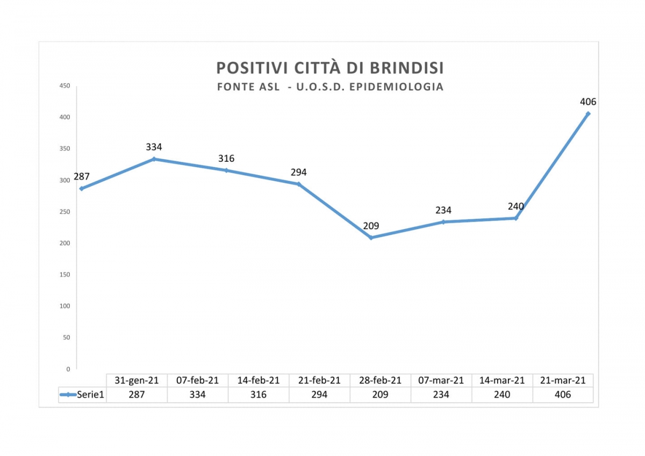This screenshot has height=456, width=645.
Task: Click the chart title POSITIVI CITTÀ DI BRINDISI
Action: point(330,68)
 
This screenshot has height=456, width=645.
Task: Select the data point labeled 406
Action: point(588,113)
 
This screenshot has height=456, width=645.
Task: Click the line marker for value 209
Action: point(371,237)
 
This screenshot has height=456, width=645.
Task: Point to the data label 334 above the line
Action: point(154,147)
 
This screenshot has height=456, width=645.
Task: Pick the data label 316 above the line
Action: point(226,159)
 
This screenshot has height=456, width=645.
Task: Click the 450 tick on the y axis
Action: point(64,85)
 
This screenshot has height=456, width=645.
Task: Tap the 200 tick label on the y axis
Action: point(64,243)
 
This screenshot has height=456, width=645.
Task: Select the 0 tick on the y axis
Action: point(68,369)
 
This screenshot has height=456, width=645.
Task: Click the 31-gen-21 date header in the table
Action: point(137,380)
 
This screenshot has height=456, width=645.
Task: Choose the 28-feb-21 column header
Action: point(380,380)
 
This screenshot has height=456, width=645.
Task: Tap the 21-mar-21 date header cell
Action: point(563,380)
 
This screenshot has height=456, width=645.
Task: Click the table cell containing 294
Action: point(319,395)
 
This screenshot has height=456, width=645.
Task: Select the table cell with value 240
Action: point(502,395)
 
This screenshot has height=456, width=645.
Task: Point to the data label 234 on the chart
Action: point(443,210)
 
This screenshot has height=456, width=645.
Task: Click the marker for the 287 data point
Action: point(81,189)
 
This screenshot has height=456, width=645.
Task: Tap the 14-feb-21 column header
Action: point(259,380)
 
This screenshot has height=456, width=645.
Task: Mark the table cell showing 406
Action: point(563,395)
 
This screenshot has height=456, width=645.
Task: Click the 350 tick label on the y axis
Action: point(64,148)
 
